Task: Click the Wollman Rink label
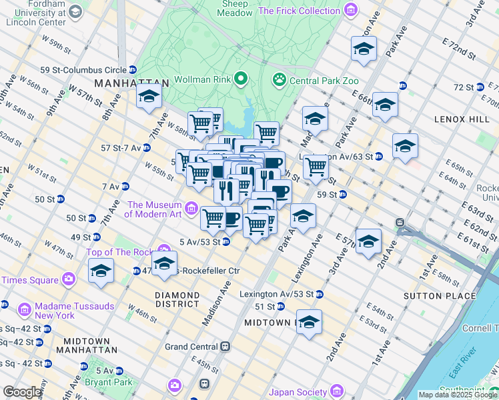[202, 79]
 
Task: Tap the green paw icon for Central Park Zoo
[279, 80]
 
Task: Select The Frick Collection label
[299, 11]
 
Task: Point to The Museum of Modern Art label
[154, 209]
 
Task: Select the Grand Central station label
[191, 347]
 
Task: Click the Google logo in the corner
[22, 392]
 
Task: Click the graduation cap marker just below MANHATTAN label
[149, 97]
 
